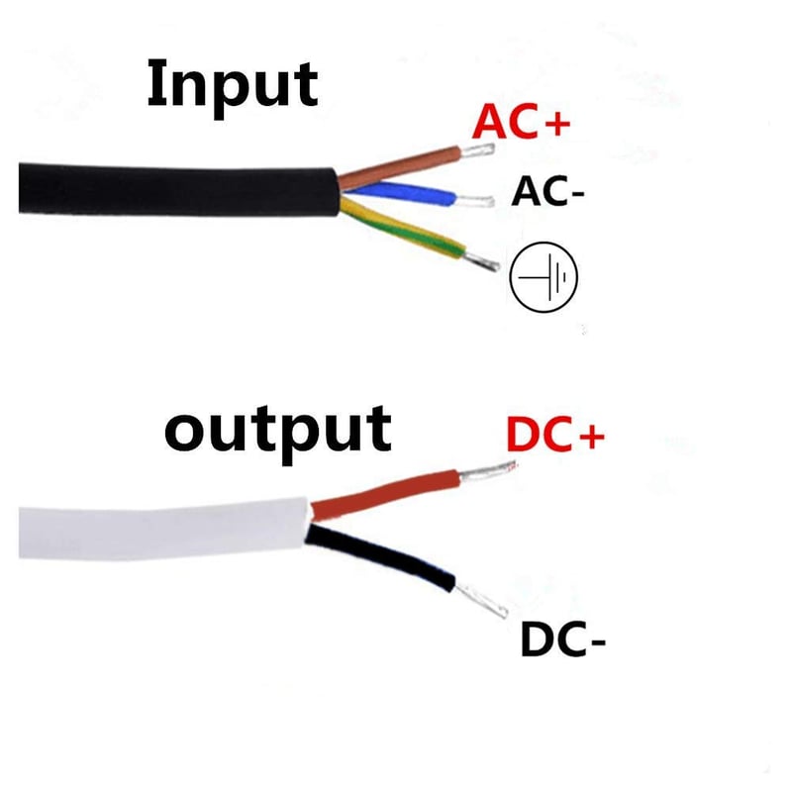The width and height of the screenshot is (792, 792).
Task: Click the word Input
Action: (233, 87)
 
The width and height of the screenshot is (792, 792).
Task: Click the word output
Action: (278, 434)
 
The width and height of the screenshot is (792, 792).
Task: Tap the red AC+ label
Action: (521, 121)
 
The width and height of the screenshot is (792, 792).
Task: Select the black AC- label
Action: (547, 191)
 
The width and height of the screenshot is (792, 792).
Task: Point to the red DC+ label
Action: (555, 435)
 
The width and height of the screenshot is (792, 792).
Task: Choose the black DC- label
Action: (562, 640)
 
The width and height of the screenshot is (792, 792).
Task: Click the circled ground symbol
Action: (544, 277)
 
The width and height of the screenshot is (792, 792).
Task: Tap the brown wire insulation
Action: (399, 166)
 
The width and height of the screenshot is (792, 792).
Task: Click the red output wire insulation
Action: (385, 494)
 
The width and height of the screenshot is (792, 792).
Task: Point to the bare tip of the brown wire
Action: (477, 150)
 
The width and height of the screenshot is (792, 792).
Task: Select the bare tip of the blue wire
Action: (474, 201)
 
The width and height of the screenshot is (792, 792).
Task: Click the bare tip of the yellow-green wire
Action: (481, 261)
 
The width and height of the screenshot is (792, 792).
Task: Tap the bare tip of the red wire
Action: (487, 471)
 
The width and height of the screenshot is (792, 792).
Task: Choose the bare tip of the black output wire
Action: (481, 601)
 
